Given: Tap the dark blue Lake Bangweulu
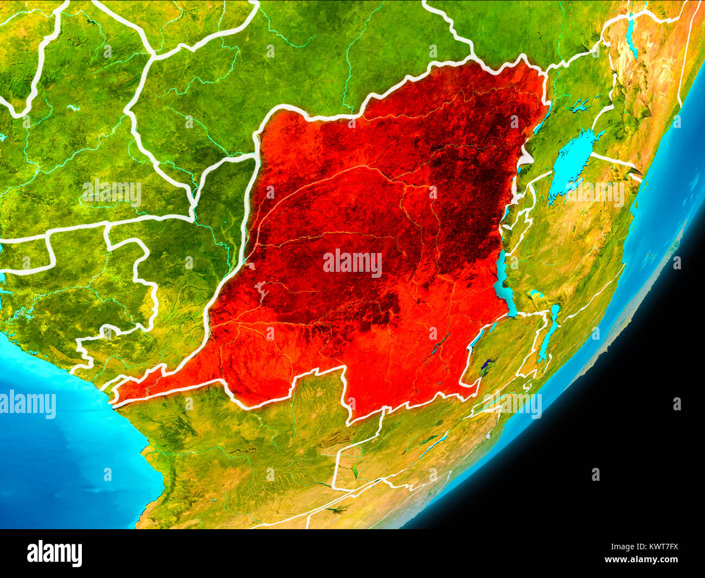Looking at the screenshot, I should pyautogui.click(x=488, y=365).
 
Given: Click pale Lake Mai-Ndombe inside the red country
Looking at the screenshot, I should pyautogui.click(x=262, y=294).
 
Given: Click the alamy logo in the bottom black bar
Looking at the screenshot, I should pyautogui.click(x=54, y=553).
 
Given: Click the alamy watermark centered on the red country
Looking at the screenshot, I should pyautogui.click(x=352, y=263).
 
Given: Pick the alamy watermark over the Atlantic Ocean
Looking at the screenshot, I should pyautogui.click(x=27, y=405).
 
